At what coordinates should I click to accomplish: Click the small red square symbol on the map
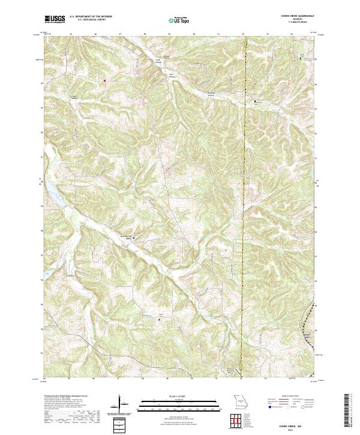[x=104, y=80]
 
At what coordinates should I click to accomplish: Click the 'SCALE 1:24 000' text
[x=172, y=396]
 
